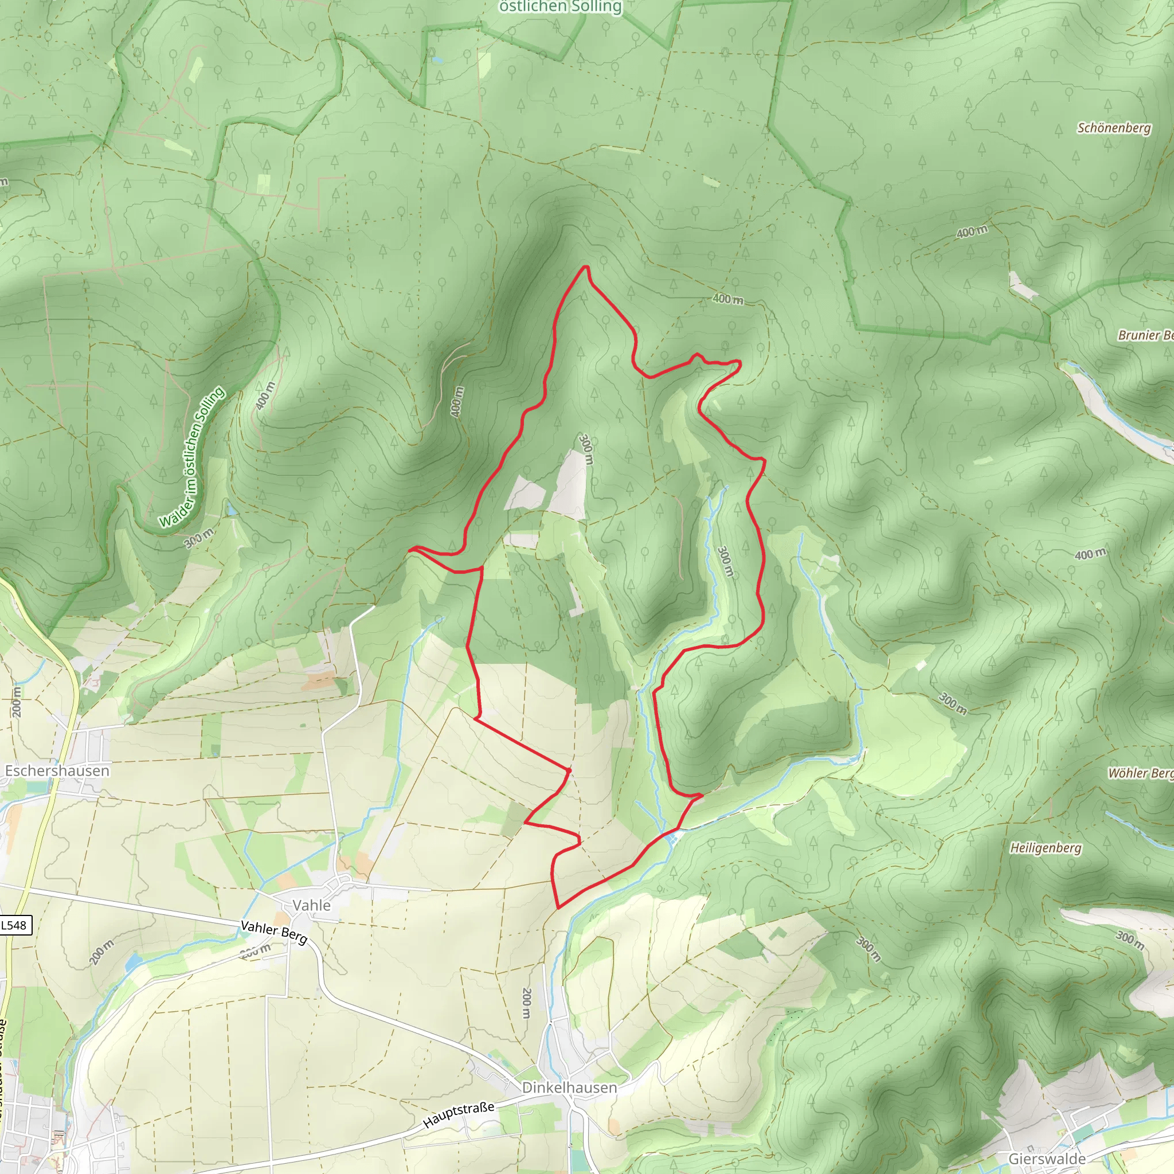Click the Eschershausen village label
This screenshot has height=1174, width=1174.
coord(57,770)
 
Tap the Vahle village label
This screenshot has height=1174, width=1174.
coord(311,905)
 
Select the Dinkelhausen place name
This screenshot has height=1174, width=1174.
coord(569,1087)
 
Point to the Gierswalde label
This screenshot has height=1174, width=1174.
coord(1046,1159)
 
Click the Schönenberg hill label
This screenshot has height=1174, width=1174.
coord(1114,128)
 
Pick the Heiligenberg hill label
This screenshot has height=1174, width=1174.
coord(1046,848)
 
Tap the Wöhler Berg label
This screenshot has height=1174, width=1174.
coord(1140,773)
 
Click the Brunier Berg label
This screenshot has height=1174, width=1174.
coord(1145,335)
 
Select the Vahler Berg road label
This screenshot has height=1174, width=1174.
coord(274,932)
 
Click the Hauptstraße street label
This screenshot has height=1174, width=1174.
coord(459,1114)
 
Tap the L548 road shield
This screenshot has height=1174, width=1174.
coord(14,925)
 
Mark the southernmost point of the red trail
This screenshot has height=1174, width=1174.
coord(557,908)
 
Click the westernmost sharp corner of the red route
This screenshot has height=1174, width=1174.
coord(410,549)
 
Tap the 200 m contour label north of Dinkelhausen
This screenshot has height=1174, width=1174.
coord(526,1003)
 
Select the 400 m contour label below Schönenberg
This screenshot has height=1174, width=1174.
coord(972,232)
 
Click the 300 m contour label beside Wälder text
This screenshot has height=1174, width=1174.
coord(199,537)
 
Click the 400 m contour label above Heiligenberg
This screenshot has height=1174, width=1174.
coord(1090,554)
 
